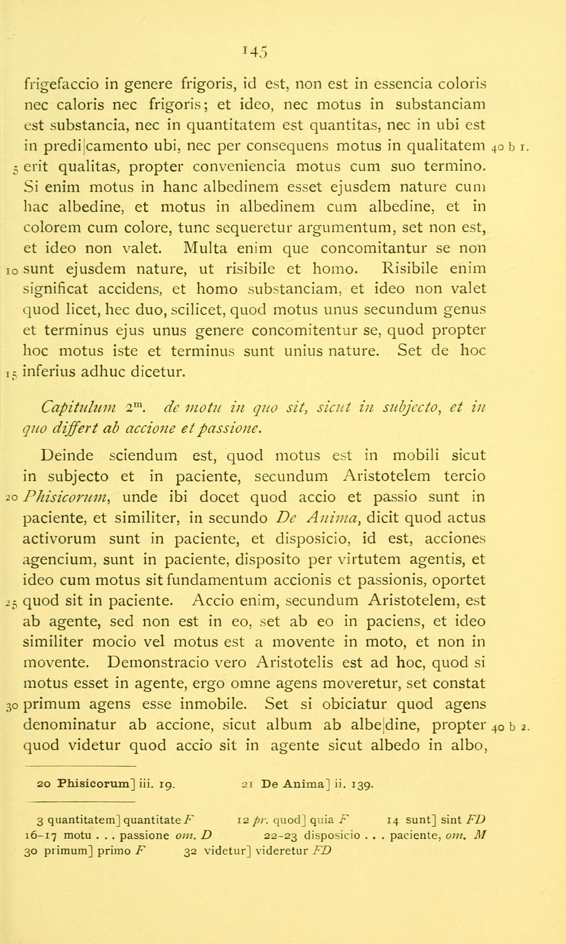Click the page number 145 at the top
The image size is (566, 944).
[x=255, y=51]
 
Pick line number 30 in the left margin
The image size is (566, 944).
[x=11, y=706]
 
